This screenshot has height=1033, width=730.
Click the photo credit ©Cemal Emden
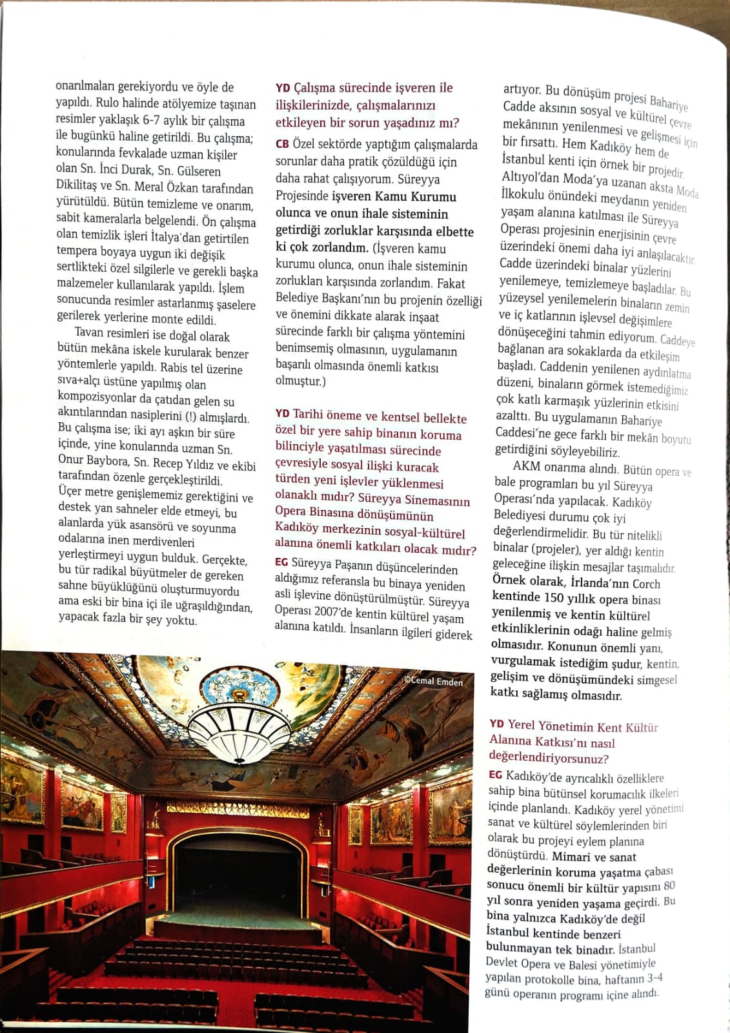(433, 680)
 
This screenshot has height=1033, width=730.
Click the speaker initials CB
(282, 145)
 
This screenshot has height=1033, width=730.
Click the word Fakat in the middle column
(451, 283)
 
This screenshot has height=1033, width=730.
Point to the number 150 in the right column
(555, 598)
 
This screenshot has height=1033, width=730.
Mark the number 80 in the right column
(669, 886)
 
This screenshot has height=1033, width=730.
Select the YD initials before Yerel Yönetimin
(496, 724)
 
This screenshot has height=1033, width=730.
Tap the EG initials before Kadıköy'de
(495, 775)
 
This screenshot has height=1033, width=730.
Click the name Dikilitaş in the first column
(77, 186)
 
